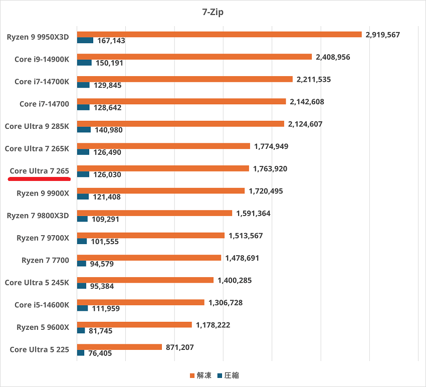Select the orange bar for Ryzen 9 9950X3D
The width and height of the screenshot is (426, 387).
click(x=219, y=35)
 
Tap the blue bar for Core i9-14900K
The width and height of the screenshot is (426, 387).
click(x=84, y=63)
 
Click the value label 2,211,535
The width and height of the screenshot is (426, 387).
click(x=314, y=79)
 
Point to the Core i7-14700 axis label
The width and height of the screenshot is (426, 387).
click(x=44, y=104)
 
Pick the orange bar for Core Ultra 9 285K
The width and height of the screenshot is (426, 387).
click(x=180, y=124)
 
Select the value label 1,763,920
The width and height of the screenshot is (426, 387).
click(x=270, y=168)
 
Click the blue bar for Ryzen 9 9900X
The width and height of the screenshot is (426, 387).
click(x=83, y=197)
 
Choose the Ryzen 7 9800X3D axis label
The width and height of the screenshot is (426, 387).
click(x=38, y=216)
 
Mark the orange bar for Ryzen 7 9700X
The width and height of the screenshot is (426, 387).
click(x=150, y=235)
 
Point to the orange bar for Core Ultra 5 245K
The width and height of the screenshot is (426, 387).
click(x=145, y=280)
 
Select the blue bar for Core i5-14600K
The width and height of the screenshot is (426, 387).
click(x=82, y=308)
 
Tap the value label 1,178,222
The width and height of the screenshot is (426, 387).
click(x=213, y=325)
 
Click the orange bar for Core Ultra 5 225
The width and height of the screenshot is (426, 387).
click(x=119, y=347)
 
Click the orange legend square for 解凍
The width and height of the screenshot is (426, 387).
click(x=192, y=375)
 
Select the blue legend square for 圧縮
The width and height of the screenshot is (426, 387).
click(x=219, y=375)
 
